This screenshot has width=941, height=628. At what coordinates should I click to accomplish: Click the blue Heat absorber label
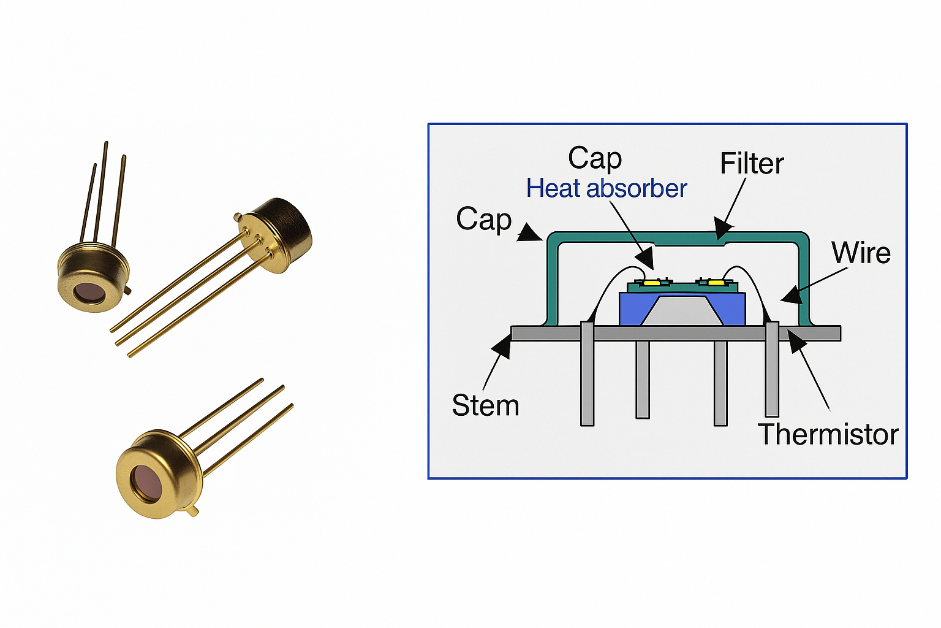(607, 188)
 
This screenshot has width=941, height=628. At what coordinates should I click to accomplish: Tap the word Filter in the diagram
(752, 163)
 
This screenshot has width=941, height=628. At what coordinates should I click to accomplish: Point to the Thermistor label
(828, 434)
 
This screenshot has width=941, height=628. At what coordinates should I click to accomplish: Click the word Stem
(485, 405)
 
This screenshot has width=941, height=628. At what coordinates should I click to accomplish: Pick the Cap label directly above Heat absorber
(594, 158)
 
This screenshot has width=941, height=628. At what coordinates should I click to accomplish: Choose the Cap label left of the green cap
(483, 219)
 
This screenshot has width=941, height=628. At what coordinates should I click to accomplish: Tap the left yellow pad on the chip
(651, 283)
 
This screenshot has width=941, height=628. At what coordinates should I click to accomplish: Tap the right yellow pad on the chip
(716, 283)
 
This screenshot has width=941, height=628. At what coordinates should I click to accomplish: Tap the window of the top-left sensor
(90, 293)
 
